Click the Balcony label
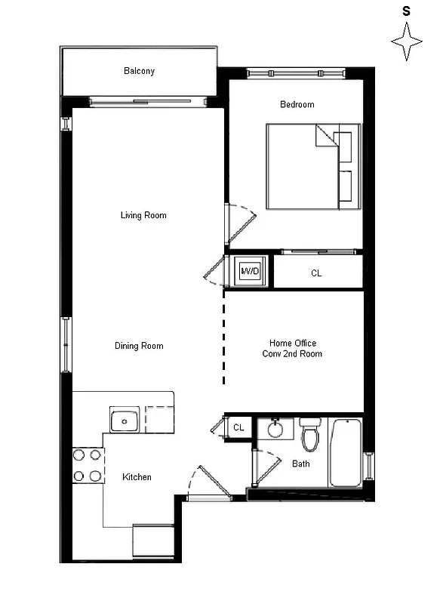[x=139, y=71]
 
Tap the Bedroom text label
[x=297, y=104]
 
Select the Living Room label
[x=143, y=215]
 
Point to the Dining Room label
[x=139, y=346]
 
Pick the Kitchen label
[x=137, y=476]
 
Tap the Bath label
[x=300, y=464]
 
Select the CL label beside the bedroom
[x=316, y=273]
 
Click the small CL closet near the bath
[x=238, y=427]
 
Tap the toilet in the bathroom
[x=310, y=433]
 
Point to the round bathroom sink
[x=275, y=430]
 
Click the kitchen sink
[x=125, y=420]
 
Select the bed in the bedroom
[x=309, y=167]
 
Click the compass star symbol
[x=406, y=42]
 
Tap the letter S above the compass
[x=406, y=11]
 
